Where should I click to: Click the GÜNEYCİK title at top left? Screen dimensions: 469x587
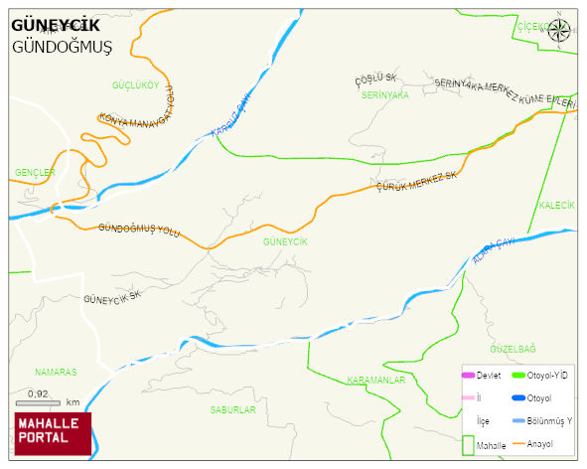click(x=56, y=26)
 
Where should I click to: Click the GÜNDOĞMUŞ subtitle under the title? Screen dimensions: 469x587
click(x=62, y=47)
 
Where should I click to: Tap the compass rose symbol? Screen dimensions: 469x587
click(x=560, y=30)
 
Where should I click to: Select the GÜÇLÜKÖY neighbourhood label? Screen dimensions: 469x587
click(x=136, y=85)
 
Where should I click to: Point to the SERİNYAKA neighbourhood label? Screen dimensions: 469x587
click(x=385, y=95)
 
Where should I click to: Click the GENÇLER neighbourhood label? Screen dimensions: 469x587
click(x=35, y=172)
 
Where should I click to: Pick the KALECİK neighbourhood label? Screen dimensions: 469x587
click(x=556, y=205)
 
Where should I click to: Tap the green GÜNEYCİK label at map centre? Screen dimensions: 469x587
click(x=285, y=241)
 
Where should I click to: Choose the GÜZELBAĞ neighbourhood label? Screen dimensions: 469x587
click(x=513, y=349)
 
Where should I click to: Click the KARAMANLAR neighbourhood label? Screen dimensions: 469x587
click(x=376, y=380)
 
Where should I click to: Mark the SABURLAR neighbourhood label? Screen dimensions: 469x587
click(x=232, y=409)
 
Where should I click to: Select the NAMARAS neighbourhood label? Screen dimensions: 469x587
click(x=56, y=372)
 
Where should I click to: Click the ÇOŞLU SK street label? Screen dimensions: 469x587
click(x=376, y=78)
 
